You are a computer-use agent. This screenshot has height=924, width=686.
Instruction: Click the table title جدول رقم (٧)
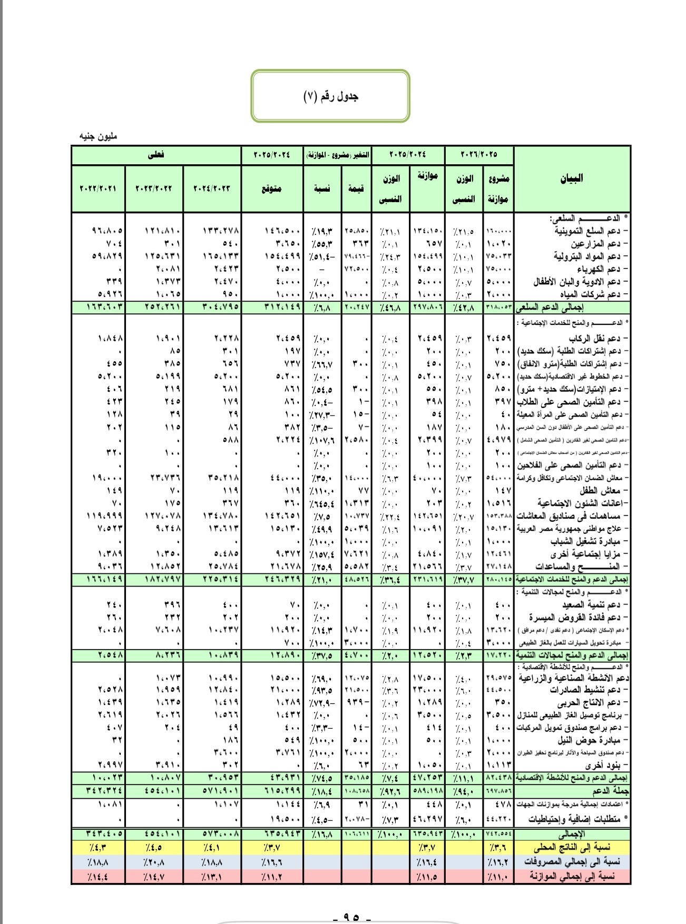[331, 96]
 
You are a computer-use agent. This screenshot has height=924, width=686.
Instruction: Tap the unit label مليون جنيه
[97, 136]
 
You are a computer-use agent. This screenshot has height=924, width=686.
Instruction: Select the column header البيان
[572, 178]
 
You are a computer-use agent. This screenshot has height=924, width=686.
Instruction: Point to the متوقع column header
[272, 188]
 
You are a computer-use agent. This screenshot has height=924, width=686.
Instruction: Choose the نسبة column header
[322, 188]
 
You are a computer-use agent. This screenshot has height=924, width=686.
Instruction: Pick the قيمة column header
[356, 188]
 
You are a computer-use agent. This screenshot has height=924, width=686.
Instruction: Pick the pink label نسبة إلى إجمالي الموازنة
[572, 876]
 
